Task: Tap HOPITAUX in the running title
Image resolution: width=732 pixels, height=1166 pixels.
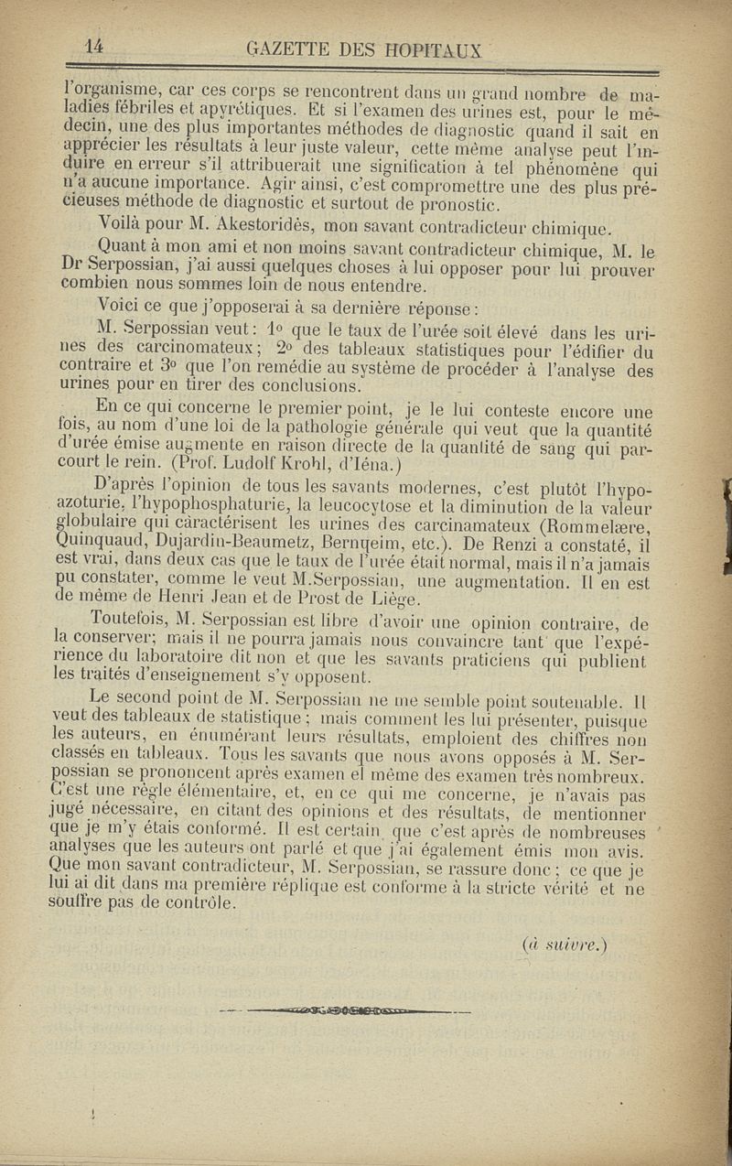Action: tap(438, 51)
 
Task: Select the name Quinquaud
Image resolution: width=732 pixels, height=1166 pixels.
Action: tap(103, 546)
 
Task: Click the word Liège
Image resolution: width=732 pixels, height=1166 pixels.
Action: tap(391, 601)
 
